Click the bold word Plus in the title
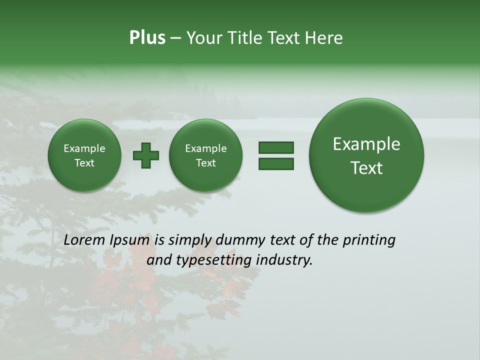[147, 38]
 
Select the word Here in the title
[325, 38]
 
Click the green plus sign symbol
[146, 155]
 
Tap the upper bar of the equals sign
[276, 147]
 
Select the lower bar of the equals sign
[276, 163]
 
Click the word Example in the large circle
[366, 144]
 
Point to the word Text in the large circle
[366, 168]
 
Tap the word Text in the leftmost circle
[84, 163]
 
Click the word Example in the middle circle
[206, 148]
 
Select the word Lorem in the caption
[84, 240]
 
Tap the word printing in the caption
[369, 240]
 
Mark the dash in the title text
[175, 38]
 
